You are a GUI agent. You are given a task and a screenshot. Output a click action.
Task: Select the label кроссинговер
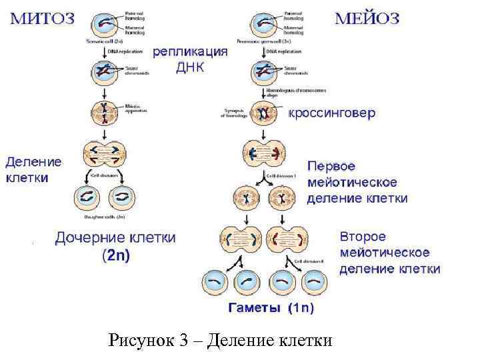(x=331, y=113)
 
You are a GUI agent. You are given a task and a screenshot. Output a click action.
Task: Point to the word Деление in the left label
(x=33, y=161)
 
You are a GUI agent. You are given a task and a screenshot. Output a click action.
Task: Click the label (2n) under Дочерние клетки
(x=116, y=255)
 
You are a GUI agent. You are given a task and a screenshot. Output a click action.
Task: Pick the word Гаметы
(x=256, y=308)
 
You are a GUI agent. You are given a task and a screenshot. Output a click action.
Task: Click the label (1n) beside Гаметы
(x=301, y=308)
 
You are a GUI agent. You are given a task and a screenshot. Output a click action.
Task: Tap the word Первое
(x=332, y=165)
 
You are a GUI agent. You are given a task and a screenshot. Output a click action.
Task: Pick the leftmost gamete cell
(x=215, y=283)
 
